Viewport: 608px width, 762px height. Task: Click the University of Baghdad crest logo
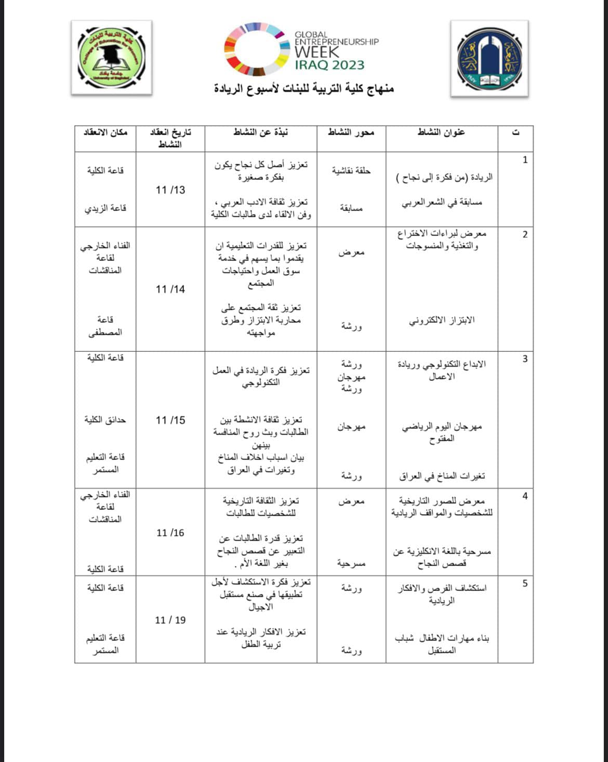click(489, 59)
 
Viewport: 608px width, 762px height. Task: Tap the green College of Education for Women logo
click(111, 58)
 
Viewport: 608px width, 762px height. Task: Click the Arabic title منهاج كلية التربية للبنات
click(304, 88)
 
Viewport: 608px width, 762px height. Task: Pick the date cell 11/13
click(170, 190)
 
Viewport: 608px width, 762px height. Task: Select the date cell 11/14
click(170, 289)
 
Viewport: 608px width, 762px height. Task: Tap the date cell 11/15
click(170, 420)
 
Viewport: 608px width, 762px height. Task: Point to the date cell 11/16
click(170, 533)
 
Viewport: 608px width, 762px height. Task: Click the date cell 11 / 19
click(170, 620)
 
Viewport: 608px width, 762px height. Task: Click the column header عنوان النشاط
click(441, 133)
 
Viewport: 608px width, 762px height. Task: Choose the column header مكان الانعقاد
click(105, 133)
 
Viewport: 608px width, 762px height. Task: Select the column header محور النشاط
click(351, 133)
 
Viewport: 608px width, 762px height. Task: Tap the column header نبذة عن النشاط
click(261, 133)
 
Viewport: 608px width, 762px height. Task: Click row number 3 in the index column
click(525, 359)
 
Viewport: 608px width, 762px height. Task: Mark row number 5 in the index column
click(525, 583)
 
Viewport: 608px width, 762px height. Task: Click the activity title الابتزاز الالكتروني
click(442, 320)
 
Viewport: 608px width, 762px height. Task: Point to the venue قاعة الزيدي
click(105, 208)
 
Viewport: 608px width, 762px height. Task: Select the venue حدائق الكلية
click(105, 419)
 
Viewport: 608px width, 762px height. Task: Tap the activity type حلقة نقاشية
click(351, 170)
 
